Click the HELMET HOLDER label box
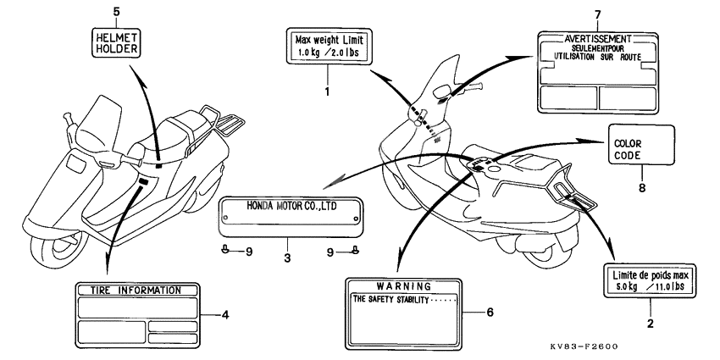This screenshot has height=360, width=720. (x=116, y=41)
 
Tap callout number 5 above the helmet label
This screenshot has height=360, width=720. (x=116, y=11)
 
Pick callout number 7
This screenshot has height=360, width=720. (x=596, y=16)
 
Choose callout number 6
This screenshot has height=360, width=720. (x=489, y=311)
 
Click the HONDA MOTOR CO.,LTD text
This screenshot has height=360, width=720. (x=291, y=206)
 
